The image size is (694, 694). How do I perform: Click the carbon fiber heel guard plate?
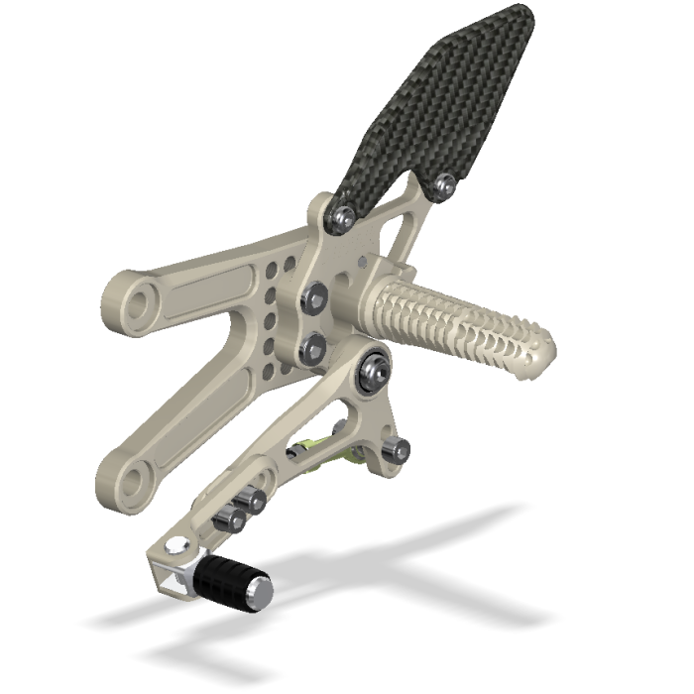tap(436, 99)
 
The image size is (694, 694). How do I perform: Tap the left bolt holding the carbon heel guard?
tap(343, 214)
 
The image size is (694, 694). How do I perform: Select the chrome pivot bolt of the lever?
tap(375, 370)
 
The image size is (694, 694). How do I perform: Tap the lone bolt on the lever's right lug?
tap(400, 452)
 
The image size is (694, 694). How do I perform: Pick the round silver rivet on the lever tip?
tap(176, 544)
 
